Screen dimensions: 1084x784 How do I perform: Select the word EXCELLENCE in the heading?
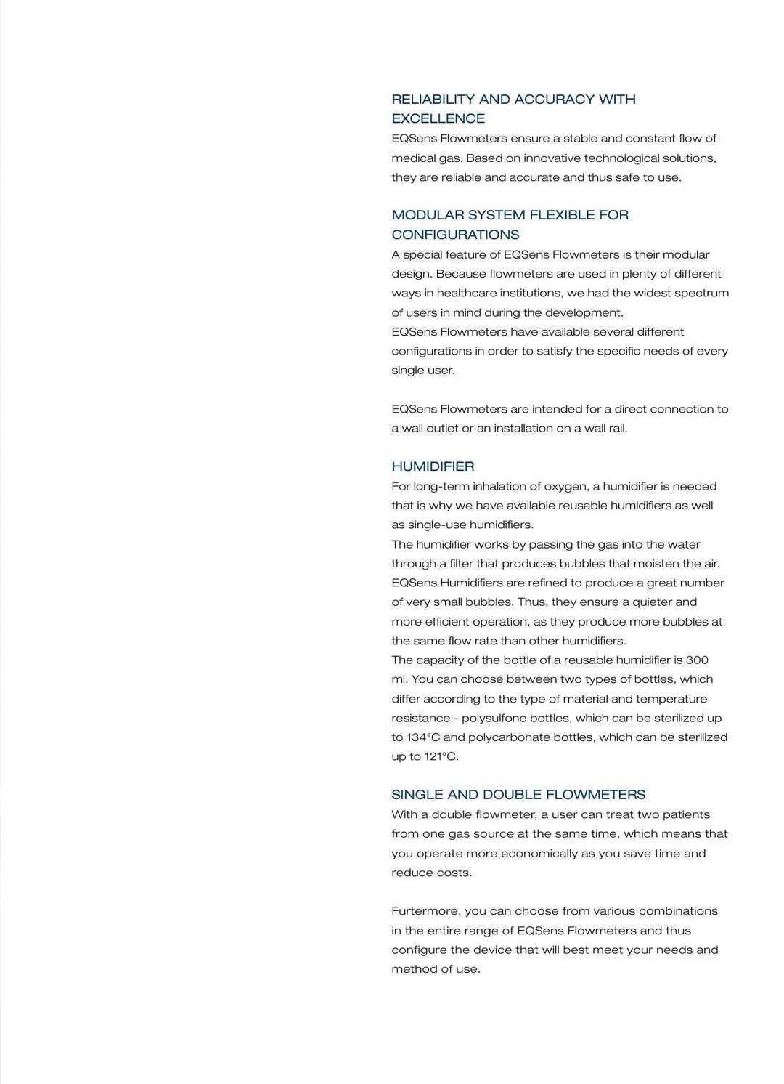pyautogui.click(x=438, y=119)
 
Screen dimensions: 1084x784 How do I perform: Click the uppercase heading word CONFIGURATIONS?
pyautogui.click(x=455, y=235)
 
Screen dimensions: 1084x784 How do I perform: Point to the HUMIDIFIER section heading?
pyautogui.click(x=433, y=466)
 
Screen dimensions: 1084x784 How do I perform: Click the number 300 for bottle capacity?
pyautogui.click(x=697, y=660)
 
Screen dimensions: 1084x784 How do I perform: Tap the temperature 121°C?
pyautogui.click(x=441, y=756)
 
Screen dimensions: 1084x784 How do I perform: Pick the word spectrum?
pyautogui.click(x=701, y=293)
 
